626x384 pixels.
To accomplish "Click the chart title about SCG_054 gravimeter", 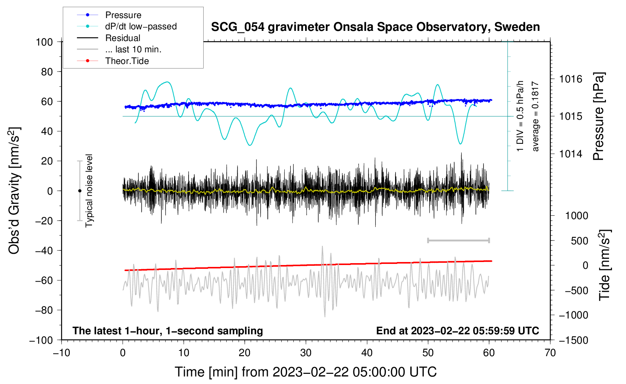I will [375, 27].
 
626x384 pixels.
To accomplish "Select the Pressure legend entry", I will [123, 15].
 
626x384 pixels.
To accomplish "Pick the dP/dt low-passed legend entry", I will [141, 26].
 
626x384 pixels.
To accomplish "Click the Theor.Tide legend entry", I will [127, 61].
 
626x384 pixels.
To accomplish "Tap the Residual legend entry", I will [123, 38].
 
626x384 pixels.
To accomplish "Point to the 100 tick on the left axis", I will [44, 42].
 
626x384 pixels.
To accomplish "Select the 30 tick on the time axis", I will [306, 353].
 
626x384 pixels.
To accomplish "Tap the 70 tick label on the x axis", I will [550, 353].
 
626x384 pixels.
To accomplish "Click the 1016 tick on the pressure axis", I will [571, 79].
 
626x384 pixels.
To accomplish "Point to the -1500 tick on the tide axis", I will [574, 340].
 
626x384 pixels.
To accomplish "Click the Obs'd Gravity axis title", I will [14, 190].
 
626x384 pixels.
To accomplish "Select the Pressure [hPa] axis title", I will [598, 116].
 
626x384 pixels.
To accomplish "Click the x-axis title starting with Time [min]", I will [306, 372].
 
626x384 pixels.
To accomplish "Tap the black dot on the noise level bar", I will [80, 191].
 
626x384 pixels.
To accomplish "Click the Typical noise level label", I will [89, 190].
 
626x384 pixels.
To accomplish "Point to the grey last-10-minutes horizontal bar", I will [458, 241].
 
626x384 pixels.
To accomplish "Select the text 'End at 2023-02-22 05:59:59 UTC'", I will [457, 331].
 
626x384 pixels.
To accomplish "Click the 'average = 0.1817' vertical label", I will [535, 116].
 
